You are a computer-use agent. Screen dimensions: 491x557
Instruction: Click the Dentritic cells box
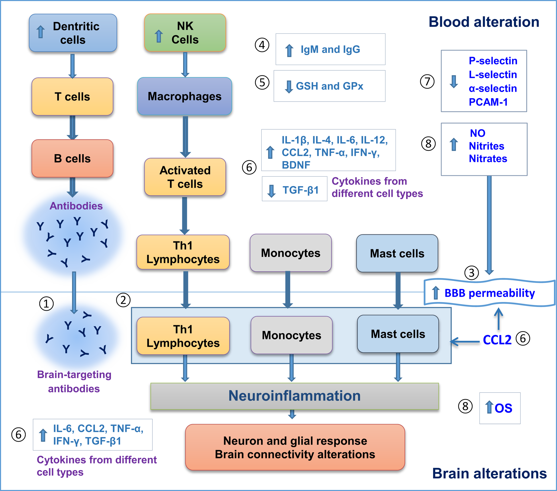pos(73,33)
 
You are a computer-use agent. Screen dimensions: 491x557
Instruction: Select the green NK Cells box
pos(185,33)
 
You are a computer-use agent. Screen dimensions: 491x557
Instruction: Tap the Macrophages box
pos(184,96)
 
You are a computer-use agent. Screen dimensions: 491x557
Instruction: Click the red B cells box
pos(72,158)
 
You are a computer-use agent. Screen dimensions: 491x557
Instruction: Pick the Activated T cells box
pos(185,177)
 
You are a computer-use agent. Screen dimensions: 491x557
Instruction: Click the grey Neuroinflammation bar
pos(294,396)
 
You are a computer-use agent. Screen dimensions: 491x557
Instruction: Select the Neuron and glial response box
pos(295,447)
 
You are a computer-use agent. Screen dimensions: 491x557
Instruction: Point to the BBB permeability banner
pos(489,293)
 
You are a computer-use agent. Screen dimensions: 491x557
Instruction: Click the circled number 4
pos(262,45)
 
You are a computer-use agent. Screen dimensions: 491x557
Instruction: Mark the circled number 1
pos(46,304)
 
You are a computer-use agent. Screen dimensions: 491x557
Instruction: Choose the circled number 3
pos(471,273)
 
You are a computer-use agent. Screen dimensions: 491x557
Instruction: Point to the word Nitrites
pos(486,146)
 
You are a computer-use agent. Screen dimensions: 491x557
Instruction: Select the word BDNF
pos(296,165)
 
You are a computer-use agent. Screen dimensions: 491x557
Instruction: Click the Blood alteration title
pos(484,22)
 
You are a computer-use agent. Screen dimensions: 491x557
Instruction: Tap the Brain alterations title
pos(489,473)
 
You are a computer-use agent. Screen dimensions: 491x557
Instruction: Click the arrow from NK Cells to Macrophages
pos(185,65)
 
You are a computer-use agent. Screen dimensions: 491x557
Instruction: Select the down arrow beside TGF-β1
pos(271,191)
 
